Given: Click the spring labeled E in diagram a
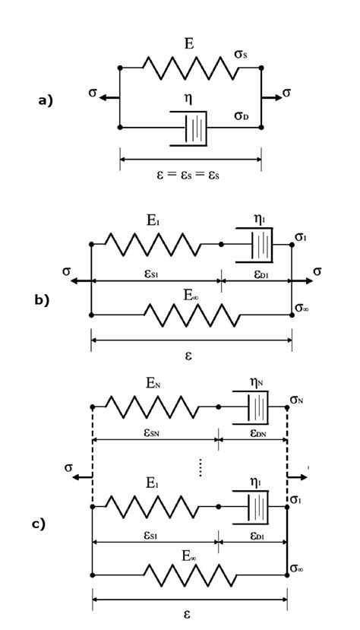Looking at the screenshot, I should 190,68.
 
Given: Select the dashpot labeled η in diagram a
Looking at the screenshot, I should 189,127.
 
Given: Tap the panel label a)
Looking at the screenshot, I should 46,100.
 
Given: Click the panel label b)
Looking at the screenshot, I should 41,299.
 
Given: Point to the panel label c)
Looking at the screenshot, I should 39,524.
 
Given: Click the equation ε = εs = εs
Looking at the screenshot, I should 189,173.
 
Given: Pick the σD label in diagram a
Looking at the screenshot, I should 242,116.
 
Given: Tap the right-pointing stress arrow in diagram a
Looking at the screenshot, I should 271,97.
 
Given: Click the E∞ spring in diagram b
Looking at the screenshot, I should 192,314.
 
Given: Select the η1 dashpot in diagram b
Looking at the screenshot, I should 257,245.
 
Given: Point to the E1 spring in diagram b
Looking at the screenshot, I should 153,245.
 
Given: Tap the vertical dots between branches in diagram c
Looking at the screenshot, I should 200,467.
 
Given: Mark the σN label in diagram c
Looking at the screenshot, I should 297,399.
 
